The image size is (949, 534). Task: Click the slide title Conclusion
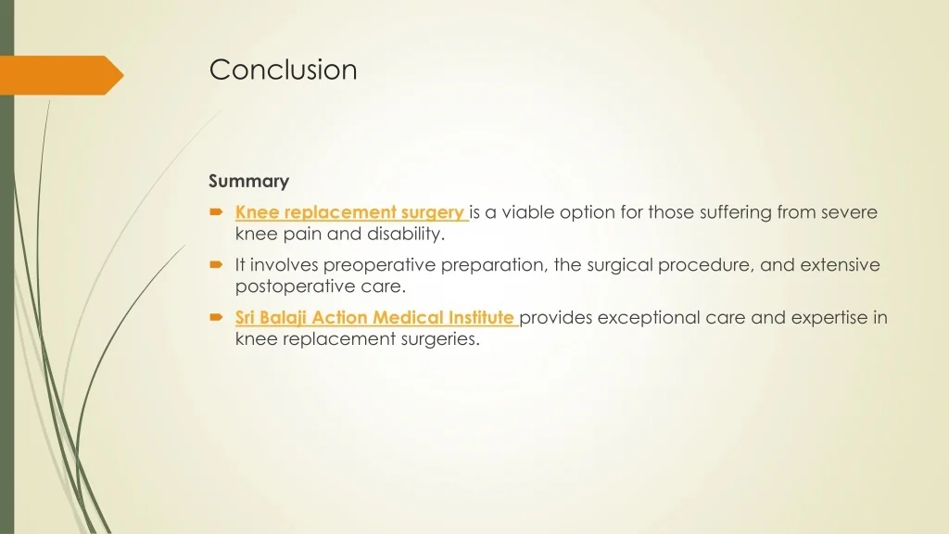tap(283, 70)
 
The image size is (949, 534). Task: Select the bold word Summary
tap(248, 181)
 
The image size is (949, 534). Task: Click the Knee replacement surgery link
tap(349, 212)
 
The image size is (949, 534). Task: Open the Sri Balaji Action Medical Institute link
tap(374, 318)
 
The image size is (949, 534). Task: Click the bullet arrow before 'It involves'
tap(216, 265)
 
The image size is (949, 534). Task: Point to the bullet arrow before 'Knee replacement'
tap(216, 212)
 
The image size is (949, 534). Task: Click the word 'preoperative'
tap(380, 265)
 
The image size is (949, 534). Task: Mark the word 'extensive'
tap(840, 265)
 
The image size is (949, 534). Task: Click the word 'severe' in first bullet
tap(849, 212)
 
